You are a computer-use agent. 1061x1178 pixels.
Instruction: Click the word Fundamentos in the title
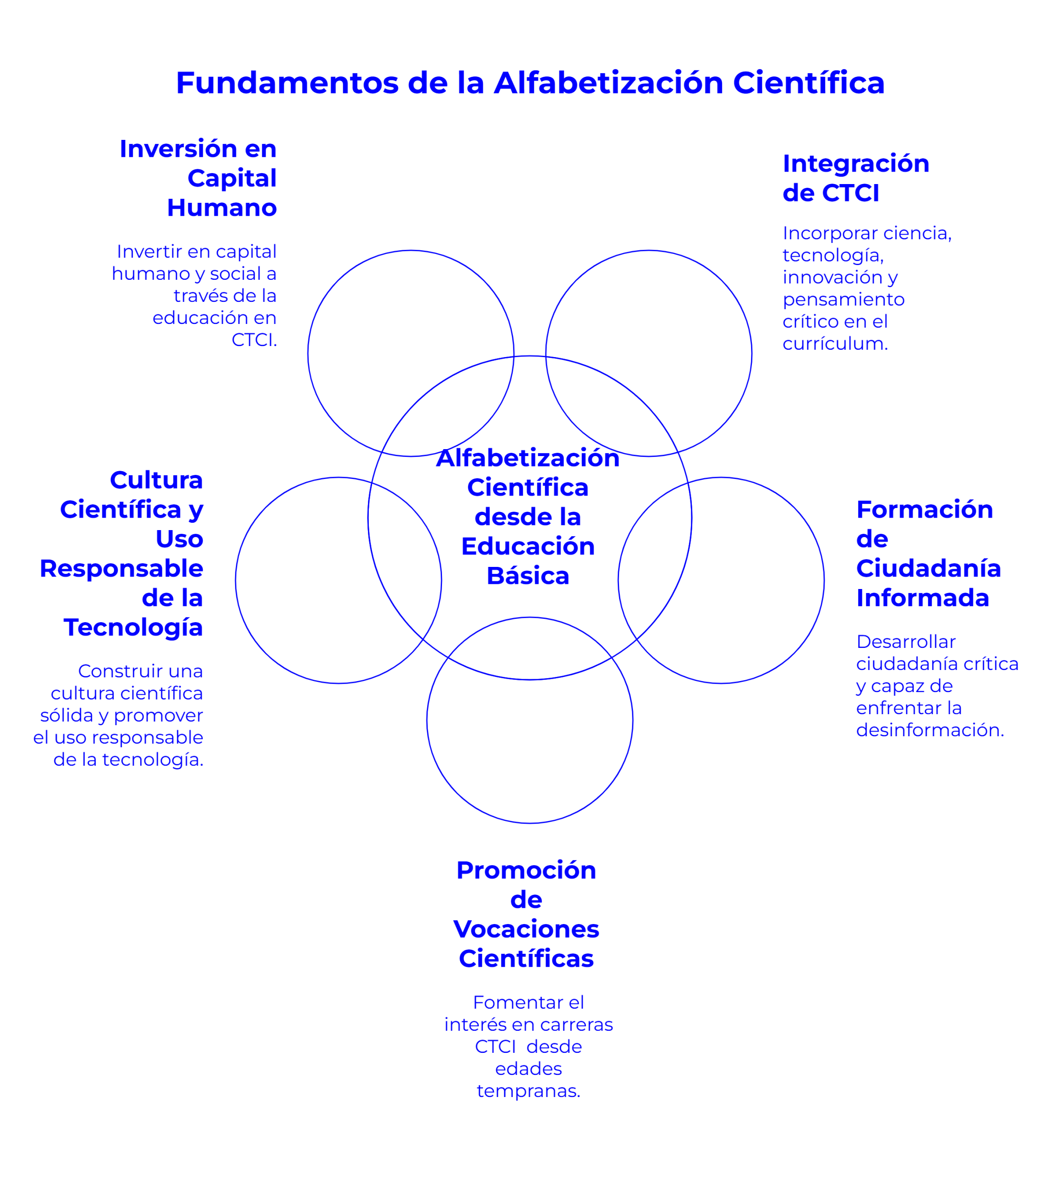click(287, 83)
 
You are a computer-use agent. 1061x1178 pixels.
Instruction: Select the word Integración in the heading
click(855, 164)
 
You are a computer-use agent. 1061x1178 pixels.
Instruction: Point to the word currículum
click(834, 344)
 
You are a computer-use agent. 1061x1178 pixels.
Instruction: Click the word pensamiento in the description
click(843, 300)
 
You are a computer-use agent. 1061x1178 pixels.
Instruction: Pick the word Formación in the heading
click(924, 510)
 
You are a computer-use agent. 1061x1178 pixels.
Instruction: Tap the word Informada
click(922, 598)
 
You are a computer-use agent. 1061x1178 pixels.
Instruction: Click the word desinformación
click(929, 730)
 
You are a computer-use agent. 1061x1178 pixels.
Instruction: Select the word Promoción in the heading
click(526, 870)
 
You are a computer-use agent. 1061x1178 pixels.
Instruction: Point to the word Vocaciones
click(526, 929)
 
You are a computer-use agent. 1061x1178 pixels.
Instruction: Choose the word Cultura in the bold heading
click(156, 480)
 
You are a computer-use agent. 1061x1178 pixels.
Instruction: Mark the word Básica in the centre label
click(528, 576)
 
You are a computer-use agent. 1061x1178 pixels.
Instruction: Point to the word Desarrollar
click(906, 642)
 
